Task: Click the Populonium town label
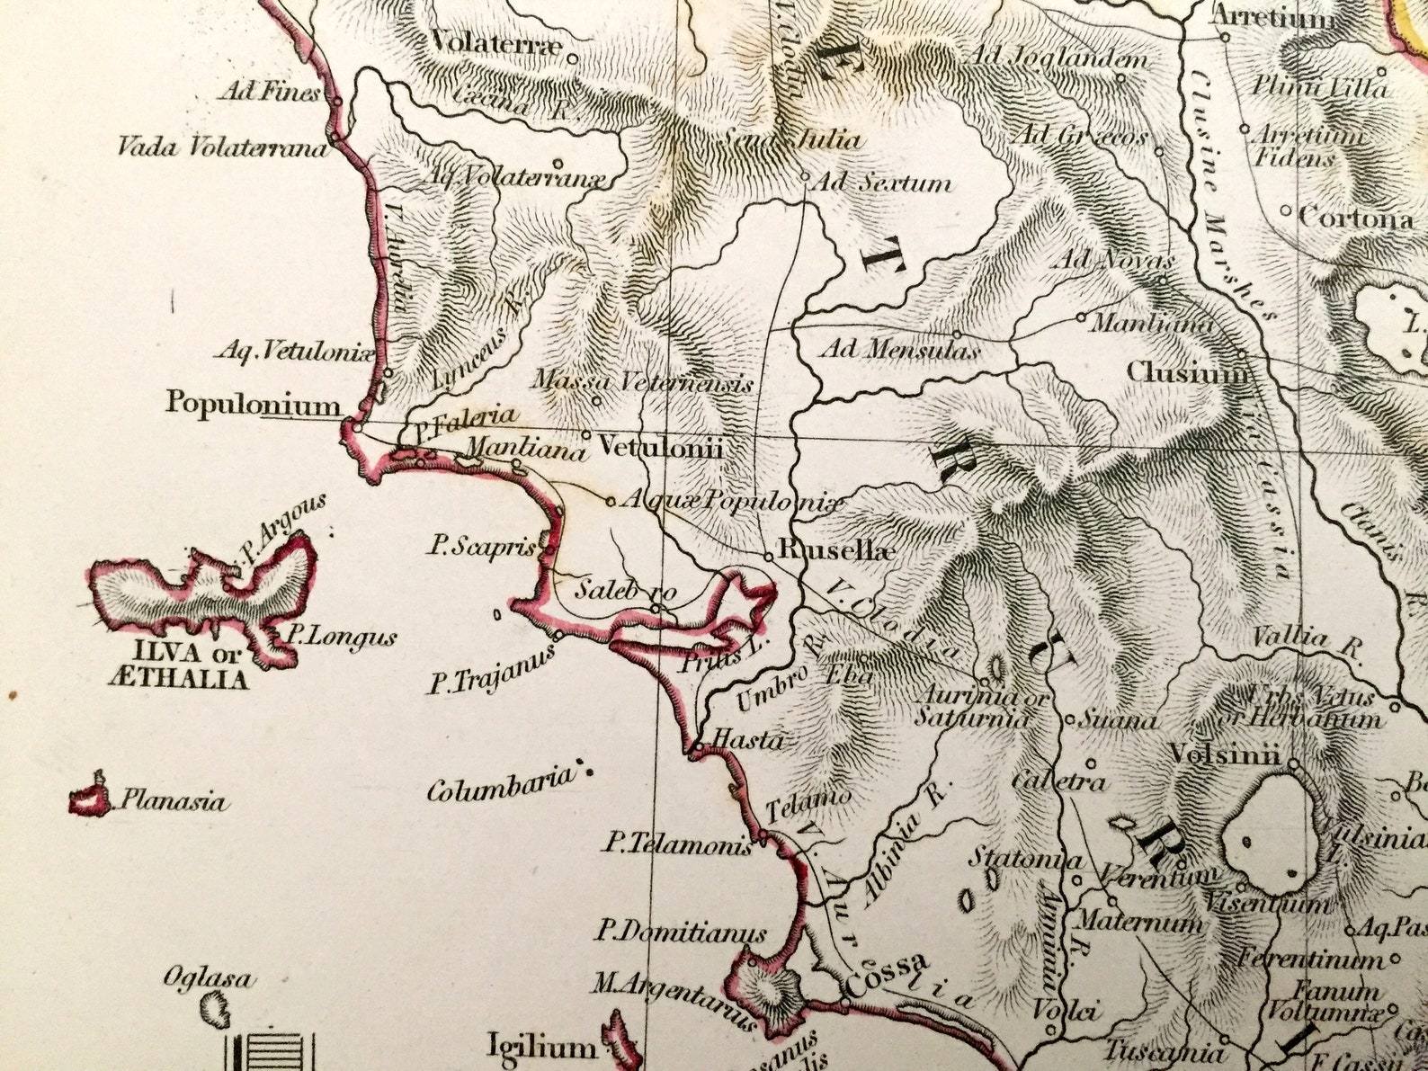coord(253,403)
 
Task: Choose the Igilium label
coord(541,1047)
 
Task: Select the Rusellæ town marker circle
coord(769,557)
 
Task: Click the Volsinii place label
coord(1225,755)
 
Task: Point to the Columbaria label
coord(499,787)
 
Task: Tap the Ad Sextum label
coord(881,183)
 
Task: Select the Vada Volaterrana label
coord(222,147)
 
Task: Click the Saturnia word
coord(971,718)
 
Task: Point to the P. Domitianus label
coord(681,933)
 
